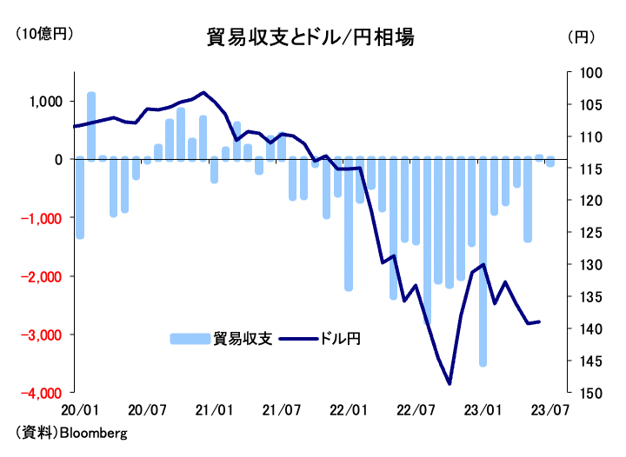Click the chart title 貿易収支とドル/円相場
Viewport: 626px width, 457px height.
[310, 37]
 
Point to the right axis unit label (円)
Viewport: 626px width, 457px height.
[581, 36]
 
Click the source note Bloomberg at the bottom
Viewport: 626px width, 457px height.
[71, 432]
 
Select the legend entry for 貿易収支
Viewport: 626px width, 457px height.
[222, 339]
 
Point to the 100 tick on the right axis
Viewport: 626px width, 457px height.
[579, 73]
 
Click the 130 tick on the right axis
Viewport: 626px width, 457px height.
[579, 265]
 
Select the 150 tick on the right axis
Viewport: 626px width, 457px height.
[579, 394]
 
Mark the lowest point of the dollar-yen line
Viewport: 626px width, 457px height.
[450, 383]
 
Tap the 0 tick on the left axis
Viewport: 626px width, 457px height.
[57, 160]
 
